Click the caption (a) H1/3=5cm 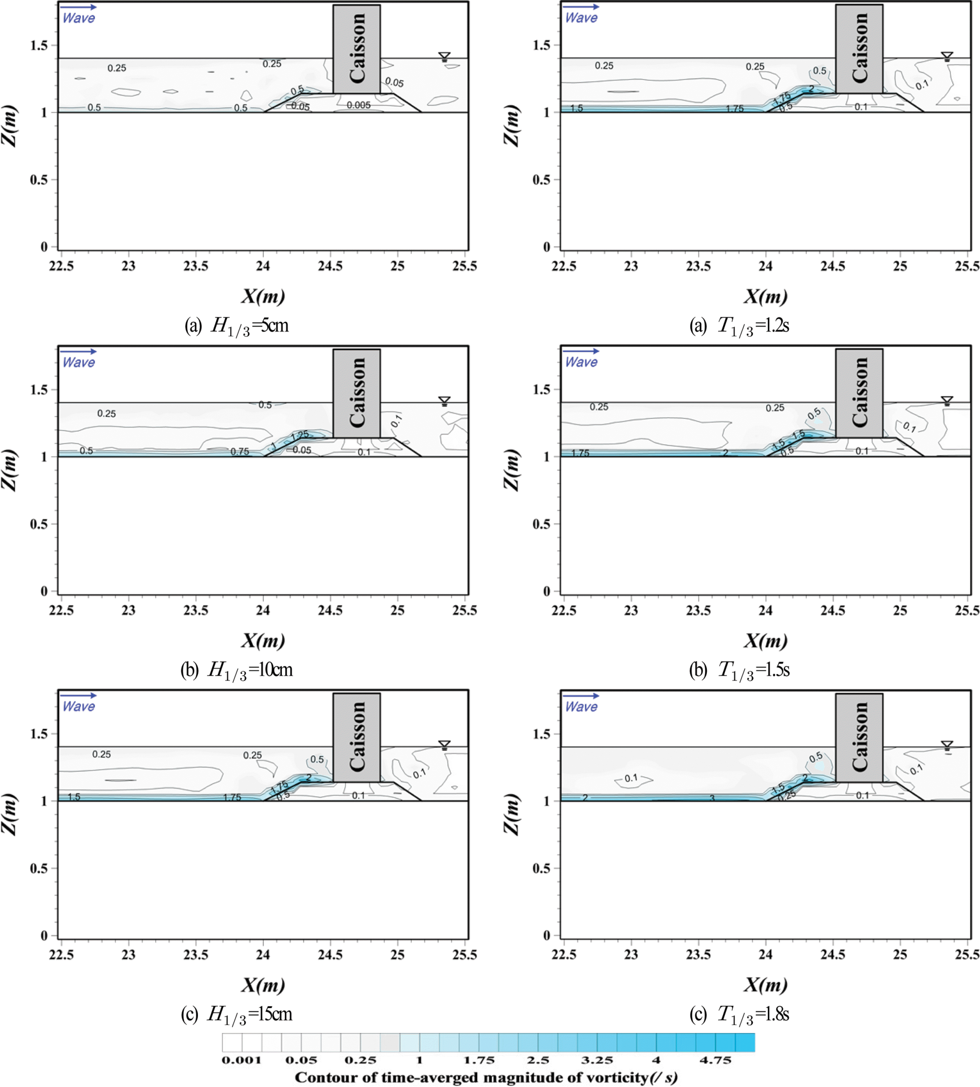(237, 326)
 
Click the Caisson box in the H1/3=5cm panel (357, 48)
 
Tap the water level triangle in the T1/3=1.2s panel (947, 56)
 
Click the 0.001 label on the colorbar (241, 1060)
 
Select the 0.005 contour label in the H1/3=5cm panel (359, 105)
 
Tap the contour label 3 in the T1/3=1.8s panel (712, 798)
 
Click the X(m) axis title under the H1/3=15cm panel (263, 985)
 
